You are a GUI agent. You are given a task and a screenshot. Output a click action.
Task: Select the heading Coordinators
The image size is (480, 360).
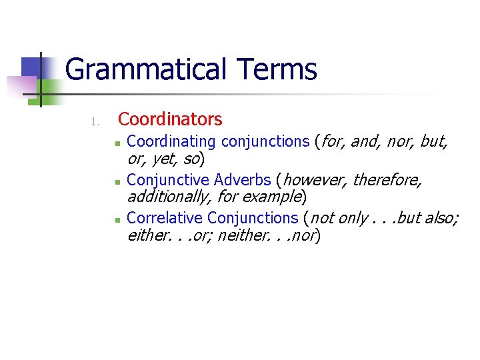pos(170,119)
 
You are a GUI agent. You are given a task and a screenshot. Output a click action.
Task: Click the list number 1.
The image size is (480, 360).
pos(95,121)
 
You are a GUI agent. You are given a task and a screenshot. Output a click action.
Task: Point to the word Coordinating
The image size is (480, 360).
pos(171,141)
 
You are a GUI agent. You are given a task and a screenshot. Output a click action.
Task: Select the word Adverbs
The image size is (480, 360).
pos(243,180)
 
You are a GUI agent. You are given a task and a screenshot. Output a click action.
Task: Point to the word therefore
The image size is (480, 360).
pos(386,180)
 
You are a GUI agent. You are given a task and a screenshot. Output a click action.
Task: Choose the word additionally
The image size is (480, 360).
pos(167,197)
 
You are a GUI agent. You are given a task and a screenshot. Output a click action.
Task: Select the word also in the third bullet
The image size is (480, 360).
pos(440,218)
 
